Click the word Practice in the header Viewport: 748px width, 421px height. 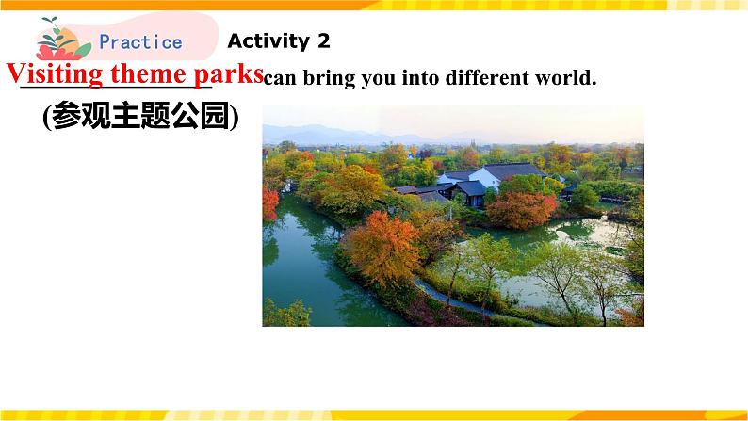140,41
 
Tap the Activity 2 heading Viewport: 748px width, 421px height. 279,40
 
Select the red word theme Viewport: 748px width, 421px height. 151,73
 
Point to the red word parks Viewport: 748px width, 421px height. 228,73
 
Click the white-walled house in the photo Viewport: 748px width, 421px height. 486,177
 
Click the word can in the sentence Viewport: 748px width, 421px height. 277,78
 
